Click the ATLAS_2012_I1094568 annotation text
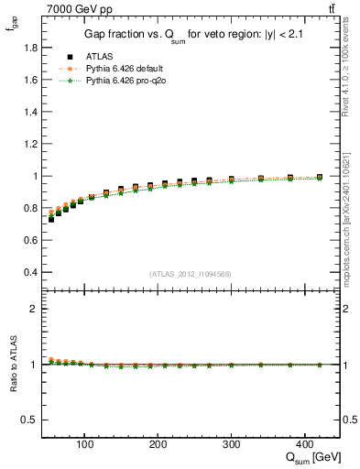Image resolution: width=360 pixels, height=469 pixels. [x=191, y=274]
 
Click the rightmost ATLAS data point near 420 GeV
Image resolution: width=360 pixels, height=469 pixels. [x=320, y=177]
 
